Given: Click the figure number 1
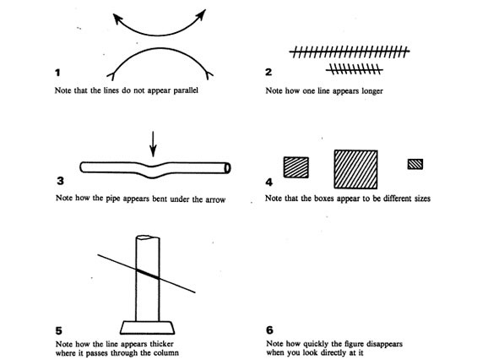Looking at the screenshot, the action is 57,73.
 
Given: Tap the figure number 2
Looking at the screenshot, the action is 268,72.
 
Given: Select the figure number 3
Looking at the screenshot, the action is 61,181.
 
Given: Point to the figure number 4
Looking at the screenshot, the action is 268,183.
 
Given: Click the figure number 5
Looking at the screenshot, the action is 59,330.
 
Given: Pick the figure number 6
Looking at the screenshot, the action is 270,330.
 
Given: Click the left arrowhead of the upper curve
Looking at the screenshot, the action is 117,19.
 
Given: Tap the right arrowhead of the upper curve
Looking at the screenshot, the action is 201,15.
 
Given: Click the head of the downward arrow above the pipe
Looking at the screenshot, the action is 153,153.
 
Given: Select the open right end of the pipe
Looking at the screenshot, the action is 227,168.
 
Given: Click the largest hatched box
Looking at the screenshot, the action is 355,169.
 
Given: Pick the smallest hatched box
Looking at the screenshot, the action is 415,164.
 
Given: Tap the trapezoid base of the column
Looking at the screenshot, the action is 147,328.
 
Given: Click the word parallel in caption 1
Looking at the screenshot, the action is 186,90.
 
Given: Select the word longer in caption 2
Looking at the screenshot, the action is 372,91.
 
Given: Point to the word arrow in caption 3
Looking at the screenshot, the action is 215,199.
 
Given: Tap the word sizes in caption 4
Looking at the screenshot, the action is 422,199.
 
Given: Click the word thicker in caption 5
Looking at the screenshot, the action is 162,344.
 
